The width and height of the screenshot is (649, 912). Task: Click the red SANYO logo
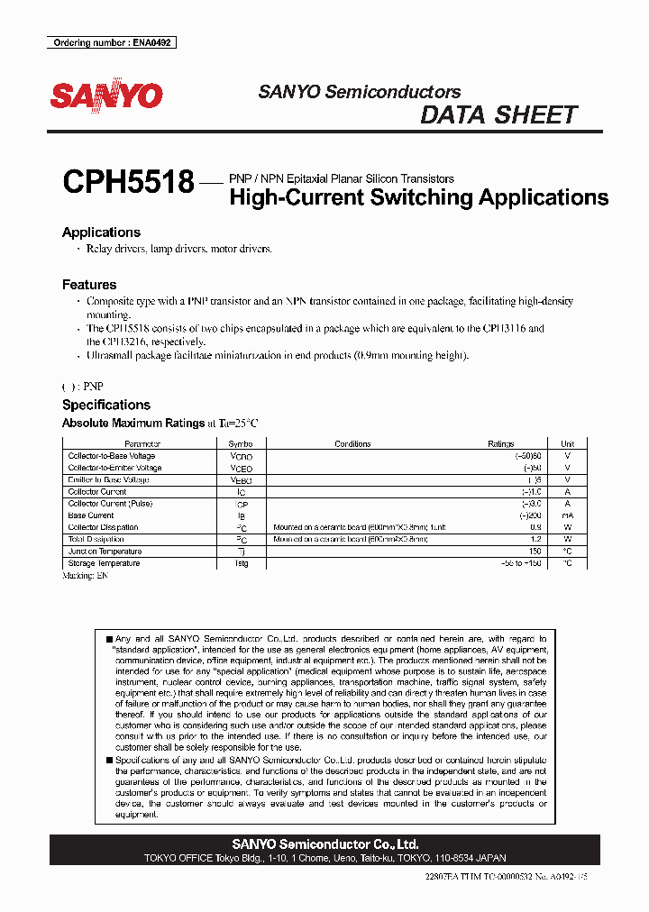click(x=105, y=96)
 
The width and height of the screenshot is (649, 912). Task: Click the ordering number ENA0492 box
click(x=111, y=42)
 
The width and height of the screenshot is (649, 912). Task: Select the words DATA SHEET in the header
click(x=498, y=115)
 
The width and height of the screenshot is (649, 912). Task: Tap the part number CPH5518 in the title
click(x=128, y=183)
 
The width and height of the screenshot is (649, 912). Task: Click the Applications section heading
click(x=101, y=233)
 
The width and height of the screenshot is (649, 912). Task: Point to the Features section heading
click(x=89, y=285)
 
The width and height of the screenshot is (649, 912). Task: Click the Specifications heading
click(x=105, y=406)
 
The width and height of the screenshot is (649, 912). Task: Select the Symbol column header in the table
click(x=242, y=444)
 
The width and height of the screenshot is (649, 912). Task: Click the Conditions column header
click(x=352, y=444)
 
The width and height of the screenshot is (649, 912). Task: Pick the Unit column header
click(x=567, y=444)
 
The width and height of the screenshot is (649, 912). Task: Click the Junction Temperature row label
click(x=105, y=552)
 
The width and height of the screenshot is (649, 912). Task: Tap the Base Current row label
click(x=91, y=515)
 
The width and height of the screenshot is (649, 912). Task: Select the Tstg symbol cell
click(x=242, y=563)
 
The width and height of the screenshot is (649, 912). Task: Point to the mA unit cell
click(x=567, y=515)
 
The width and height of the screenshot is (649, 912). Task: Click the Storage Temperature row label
click(x=104, y=563)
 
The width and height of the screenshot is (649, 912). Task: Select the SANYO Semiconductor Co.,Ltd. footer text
click(x=325, y=844)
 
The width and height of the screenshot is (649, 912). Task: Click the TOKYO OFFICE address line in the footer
click(x=325, y=859)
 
